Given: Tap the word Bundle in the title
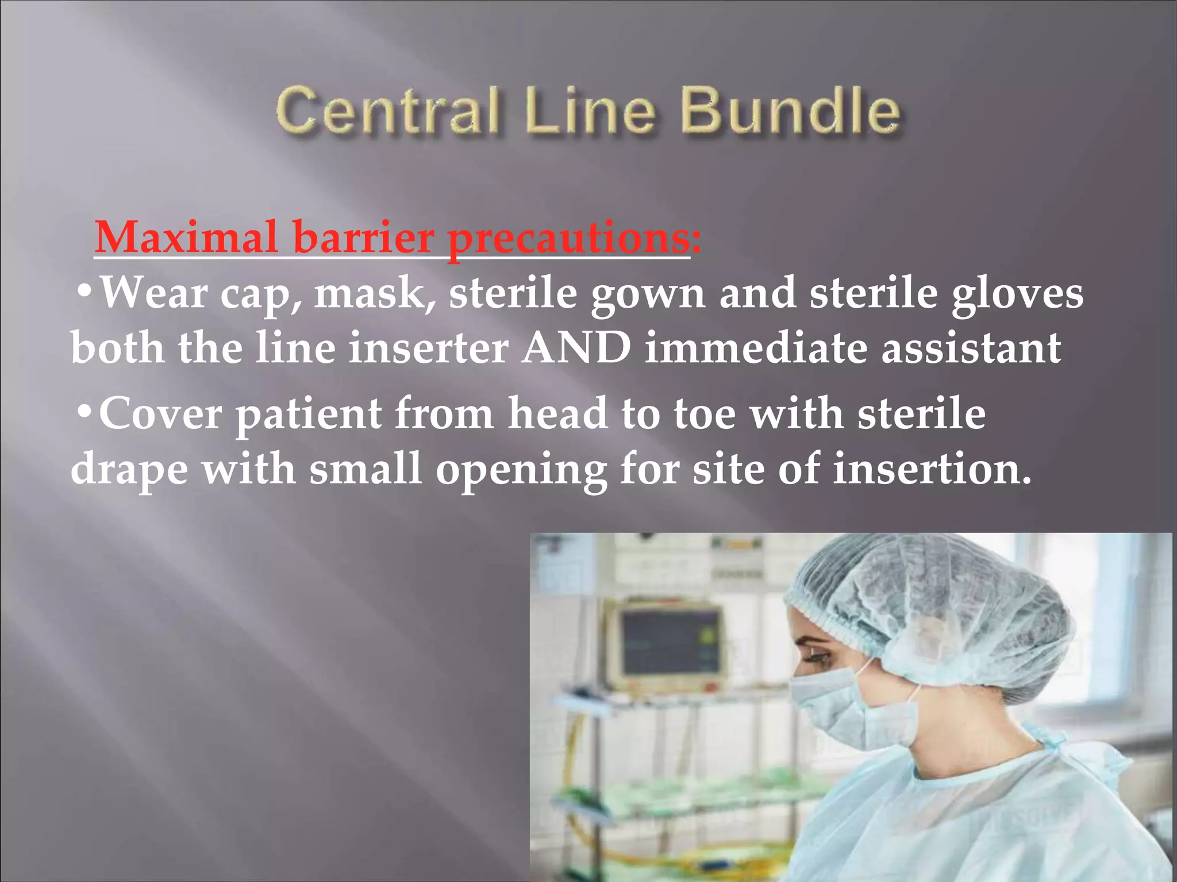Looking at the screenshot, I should coord(791,110).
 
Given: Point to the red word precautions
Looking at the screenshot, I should coord(569,238).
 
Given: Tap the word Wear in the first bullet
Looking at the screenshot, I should coord(153,293).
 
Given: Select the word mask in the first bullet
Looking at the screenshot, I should coord(374,293).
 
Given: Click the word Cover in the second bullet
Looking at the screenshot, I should coord(160,413).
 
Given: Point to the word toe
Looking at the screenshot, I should coord(704,413).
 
